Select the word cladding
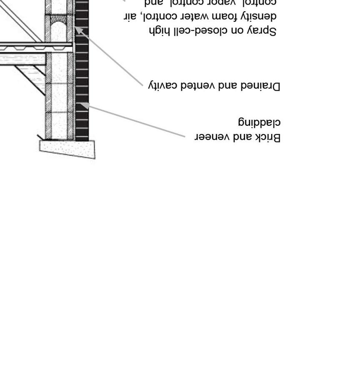[259, 122]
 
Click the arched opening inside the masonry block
[59, 30]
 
